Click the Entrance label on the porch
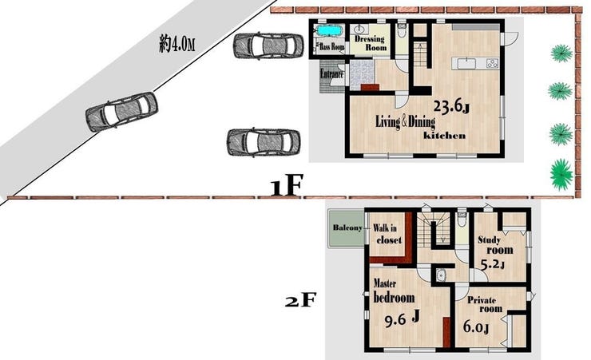pyautogui.click(x=332, y=74)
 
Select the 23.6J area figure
pyautogui.click(x=451, y=107)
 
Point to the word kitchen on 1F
pyautogui.click(x=445, y=136)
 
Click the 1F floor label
pyautogui.click(x=287, y=186)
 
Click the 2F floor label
pyautogui.click(x=299, y=300)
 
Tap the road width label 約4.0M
pyautogui.click(x=177, y=45)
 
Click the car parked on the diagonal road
pyautogui.click(x=121, y=112)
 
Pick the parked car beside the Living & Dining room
pyautogui.click(x=264, y=142)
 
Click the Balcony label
pyautogui.click(x=347, y=227)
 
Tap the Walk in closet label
pyautogui.click(x=387, y=234)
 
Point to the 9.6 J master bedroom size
pyautogui.click(x=403, y=319)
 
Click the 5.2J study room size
pyautogui.click(x=493, y=266)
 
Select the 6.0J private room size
pyautogui.click(x=477, y=327)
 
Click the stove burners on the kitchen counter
pyautogui.click(x=492, y=64)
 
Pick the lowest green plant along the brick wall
pyautogui.click(x=561, y=174)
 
